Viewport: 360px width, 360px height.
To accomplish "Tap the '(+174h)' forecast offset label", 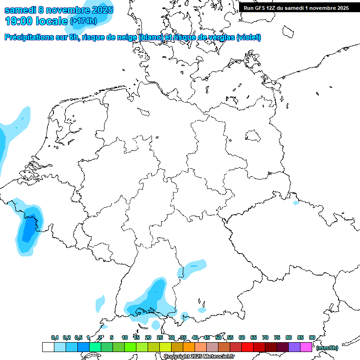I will pyautogui.click(x=83, y=21).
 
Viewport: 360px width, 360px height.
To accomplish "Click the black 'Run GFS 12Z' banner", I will pyautogui.click(x=296, y=8).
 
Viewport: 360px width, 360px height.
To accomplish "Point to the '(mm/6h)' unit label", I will pyautogui.click(x=327, y=348).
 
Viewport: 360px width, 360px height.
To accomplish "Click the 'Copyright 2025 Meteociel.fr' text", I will pyautogui.click(x=199, y=357).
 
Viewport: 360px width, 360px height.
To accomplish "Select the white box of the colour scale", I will pyautogui.click(x=48, y=347).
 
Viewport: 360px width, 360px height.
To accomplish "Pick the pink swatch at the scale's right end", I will pyautogui.click(x=306, y=347).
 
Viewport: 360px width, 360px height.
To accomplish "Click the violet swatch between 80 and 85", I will pyautogui.click(x=294, y=347).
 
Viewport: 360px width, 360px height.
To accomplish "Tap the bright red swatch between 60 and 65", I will pyautogui.click(x=247, y=347).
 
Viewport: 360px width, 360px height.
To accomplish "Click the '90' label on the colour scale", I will pyautogui.click(x=312, y=337).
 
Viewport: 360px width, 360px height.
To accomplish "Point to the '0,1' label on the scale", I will pyautogui.click(x=54, y=337).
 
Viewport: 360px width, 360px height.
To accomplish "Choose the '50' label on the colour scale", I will pyautogui.click(x=218, y=337).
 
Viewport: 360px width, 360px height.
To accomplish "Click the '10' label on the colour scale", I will pyautogui.click(x=125, y=337).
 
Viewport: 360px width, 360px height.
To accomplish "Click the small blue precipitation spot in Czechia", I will pyautogui.click(x=296, y=203).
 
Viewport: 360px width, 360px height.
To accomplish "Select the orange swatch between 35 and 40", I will pyautogui.click(x=189, y=347).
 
